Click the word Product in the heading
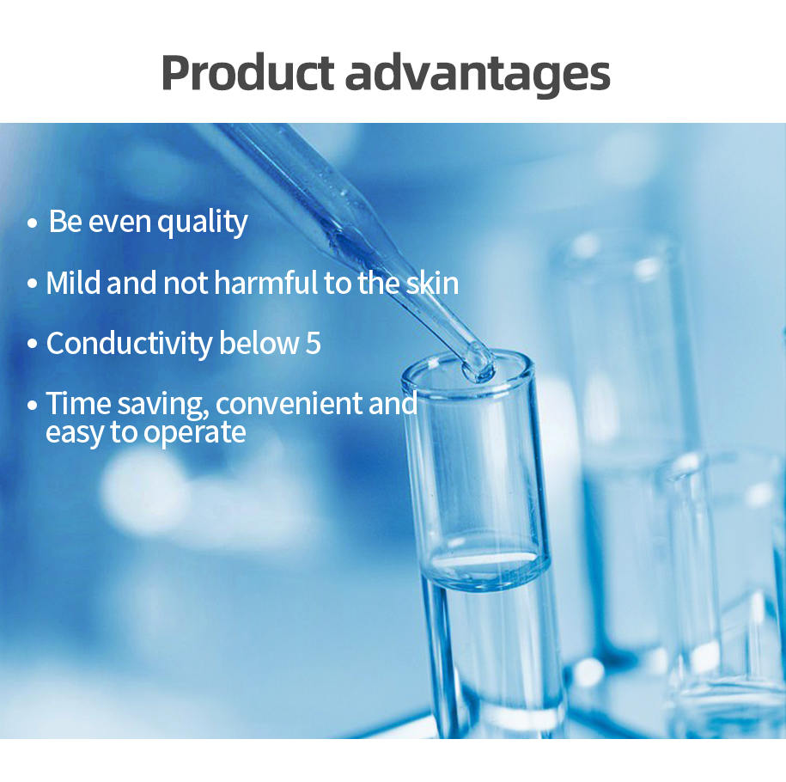(247, 73)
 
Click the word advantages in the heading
(478, 76)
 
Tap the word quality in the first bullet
(203, 223)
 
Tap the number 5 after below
(313, 344)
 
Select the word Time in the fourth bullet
(77, 403)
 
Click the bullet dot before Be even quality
(32, 223)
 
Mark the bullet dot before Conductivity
(32, 344)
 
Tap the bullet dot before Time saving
(32, 405)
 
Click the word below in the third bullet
(259, 343)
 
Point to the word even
(119, 223)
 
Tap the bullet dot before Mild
(32, 284)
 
